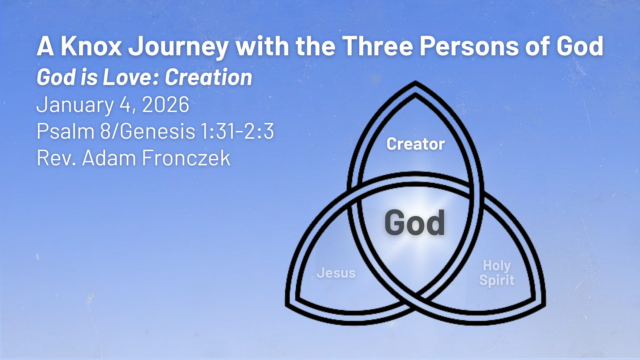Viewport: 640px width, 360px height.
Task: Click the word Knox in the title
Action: [x=91, y=46]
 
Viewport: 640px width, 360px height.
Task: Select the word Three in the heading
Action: [x=378, y=46]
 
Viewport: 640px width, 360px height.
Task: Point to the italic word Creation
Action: [x=208, y=77]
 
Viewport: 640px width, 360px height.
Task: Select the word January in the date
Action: [x=75, y=105]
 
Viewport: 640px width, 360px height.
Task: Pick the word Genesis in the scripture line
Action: [x=157, y=131]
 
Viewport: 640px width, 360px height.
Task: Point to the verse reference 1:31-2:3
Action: [x=237, y=131]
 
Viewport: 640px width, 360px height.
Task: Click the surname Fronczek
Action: [x=186, y=158]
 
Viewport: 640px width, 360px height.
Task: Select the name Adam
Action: [x=109, y=158]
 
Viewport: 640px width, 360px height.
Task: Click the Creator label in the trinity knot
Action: [x=416, y=144]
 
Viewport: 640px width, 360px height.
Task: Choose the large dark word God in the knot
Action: [x=415, y=223]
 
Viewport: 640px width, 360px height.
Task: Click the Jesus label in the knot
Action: [x=336, y=273]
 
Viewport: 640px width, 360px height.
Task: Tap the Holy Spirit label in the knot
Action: [x=497, y=273]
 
